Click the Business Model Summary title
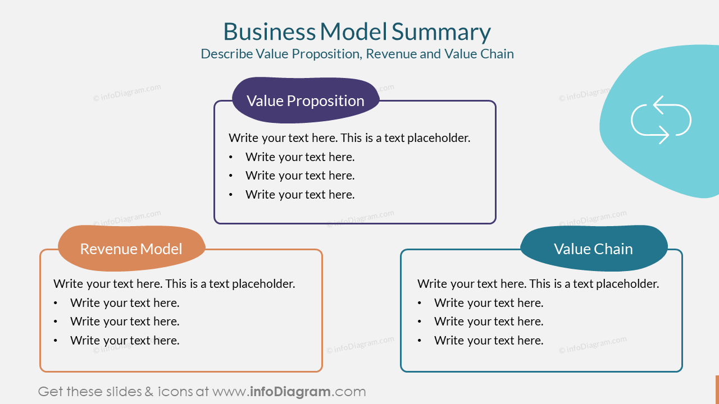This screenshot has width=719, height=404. [x=357, y=32]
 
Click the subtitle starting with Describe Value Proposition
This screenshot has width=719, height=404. [x=357, y=54]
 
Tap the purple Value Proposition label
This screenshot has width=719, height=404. [x=306, y=100]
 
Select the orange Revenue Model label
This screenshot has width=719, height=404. [x=131, y=249]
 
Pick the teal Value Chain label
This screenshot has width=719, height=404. [x=593, y=249]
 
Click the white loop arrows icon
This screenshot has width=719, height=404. [x=661, y=120]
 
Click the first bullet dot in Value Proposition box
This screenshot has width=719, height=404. [x=231, y=157]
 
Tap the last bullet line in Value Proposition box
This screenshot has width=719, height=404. [x=300, y=195]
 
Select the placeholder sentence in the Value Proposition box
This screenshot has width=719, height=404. [x=349, y=138]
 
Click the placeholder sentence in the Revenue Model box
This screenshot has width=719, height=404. [x=174, y=284]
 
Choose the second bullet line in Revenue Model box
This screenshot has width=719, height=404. [x=125, y=322]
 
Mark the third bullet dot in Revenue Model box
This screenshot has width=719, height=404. [x=56, y=341]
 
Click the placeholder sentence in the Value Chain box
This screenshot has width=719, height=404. [x=538, y=284]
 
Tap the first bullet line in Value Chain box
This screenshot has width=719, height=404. [x=489, y=303]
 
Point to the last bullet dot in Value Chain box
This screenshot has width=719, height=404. [x=420, y=341]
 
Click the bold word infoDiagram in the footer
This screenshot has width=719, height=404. [x=290, y=392]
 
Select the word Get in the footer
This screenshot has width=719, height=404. [x=50, y=392]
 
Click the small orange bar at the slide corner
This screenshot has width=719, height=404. [x=717, y=388]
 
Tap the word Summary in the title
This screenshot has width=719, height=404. [x=441, y=32]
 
